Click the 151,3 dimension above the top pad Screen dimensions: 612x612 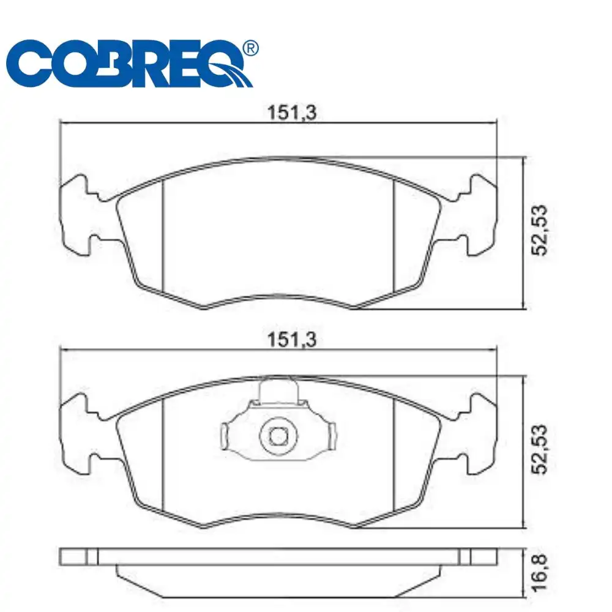291,113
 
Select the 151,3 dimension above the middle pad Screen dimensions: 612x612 291,340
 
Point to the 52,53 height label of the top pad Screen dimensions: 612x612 540,230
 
